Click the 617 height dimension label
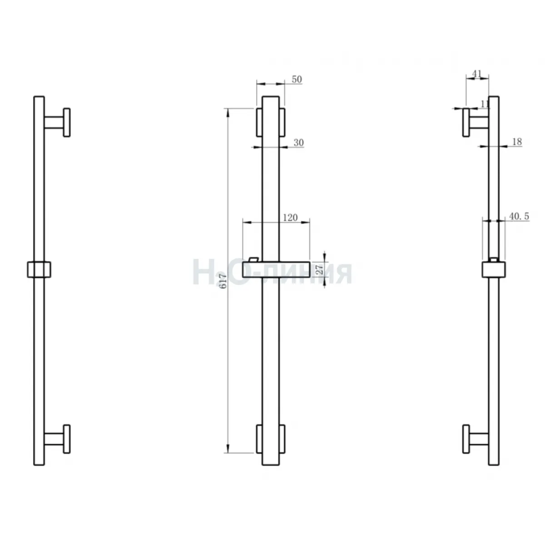[x=223, y=281]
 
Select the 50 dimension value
[x=297, y=80]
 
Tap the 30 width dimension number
[x=299, y=143]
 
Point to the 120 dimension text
[x=290, y=218]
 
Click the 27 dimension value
[x=320, y=269]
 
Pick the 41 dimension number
[x=477, y=74]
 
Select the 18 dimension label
[x=517, y=142]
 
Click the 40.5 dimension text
[x=519, y=216]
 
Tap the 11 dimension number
[x=485, y=104]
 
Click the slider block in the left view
[x=40, y=269]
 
